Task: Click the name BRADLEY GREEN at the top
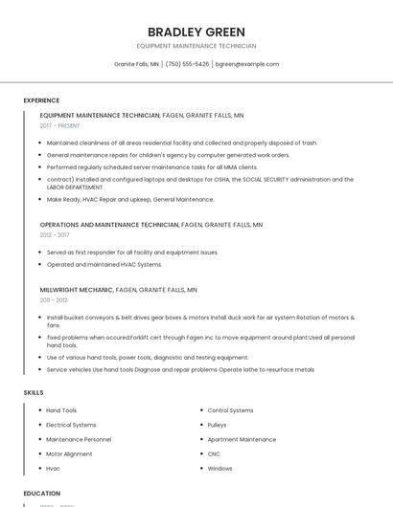tap(196, 32)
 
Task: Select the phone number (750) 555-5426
tap(187, 64)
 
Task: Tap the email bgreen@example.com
tap(247, 64)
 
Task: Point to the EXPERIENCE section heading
tap(41, 100)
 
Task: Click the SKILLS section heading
tap(34, 392)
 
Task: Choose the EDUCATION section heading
tap(41, 494)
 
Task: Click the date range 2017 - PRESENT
tap(61, 125)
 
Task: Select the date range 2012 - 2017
tap(55, 234)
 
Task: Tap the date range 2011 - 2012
tap(54, 299)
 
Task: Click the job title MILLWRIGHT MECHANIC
tap(77, 289)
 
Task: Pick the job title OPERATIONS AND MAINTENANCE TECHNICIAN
tap(109, 224)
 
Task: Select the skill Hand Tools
tap(61, 410)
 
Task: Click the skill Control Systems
tap(230, 410)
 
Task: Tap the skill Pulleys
tap(217, 425)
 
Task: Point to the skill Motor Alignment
tap(69, 453)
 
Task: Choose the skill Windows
tap(220, 469)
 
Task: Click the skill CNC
tap(214, 453)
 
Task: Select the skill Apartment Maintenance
tap(242, 439)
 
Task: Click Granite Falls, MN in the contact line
tap(136, 64)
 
